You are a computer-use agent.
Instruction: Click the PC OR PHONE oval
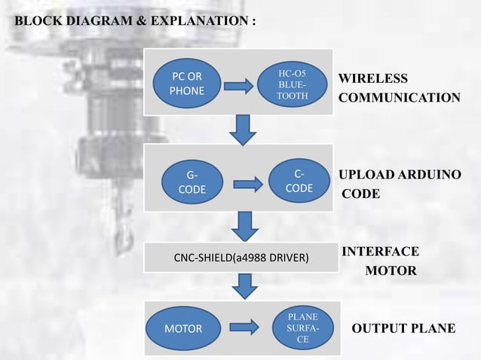point(186,84)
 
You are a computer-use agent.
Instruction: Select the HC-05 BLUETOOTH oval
point(292,85)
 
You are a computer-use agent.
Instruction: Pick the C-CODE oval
point(299,181)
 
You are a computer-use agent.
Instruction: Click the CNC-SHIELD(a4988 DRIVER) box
point(241,258)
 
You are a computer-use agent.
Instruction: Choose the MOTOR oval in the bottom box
point(183,328)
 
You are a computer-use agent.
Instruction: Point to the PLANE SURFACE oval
point(302,328)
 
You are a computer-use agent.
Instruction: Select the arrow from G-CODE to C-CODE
point(247,183)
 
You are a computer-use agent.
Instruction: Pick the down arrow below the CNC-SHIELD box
point(244,285)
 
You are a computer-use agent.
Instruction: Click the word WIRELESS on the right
point(373,79)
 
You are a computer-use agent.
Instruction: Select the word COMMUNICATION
point(399,98)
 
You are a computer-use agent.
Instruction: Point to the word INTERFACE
point(381,252)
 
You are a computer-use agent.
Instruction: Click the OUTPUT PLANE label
point(403,328)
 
